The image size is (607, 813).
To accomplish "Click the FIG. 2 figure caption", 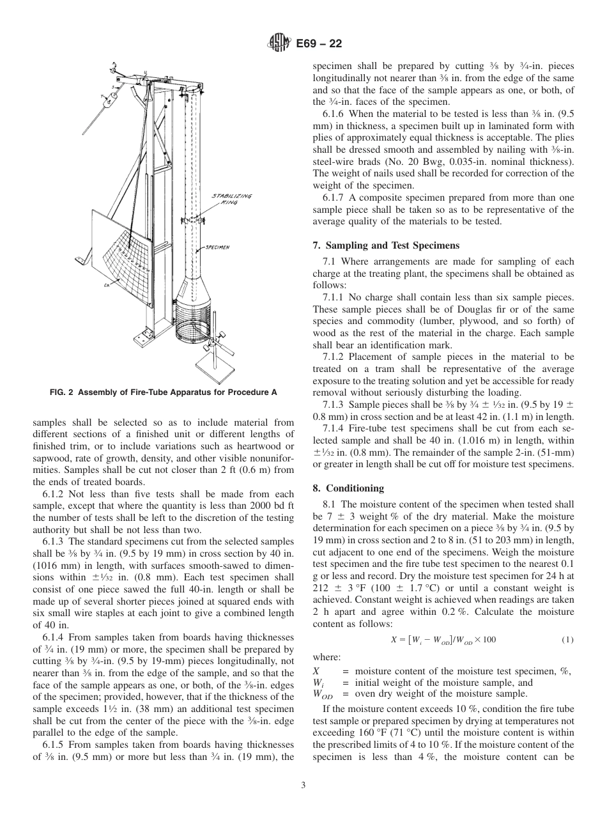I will pyautogui.click(x=163, y=392).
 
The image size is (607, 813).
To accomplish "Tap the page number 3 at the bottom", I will pyautogui.click(x=303, y=786).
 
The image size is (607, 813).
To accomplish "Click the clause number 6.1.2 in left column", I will pyautogui.click(x=56, y=494).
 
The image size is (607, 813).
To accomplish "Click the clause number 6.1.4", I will pyautogui.click(x=56, y=637).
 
